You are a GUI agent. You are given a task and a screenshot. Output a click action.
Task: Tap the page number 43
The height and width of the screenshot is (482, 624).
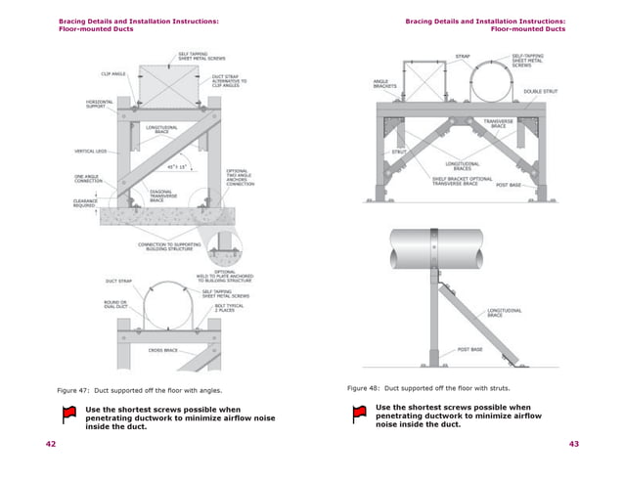(x=574, y=444)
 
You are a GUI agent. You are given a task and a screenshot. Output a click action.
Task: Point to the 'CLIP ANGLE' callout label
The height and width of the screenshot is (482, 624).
(x=112, y=72)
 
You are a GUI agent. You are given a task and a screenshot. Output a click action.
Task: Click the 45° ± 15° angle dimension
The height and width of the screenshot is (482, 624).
(x=177, y=166)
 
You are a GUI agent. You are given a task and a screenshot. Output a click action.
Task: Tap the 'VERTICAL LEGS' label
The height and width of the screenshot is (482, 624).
(x=91, y=151)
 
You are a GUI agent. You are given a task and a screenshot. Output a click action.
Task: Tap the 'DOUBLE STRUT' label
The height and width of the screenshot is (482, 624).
(x=540, y=92)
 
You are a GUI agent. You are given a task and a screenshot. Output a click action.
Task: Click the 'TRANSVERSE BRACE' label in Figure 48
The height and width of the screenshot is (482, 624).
(x=498, y=123)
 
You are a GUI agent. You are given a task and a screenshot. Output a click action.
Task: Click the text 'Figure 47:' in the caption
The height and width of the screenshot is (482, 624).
(x=75, y=389)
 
